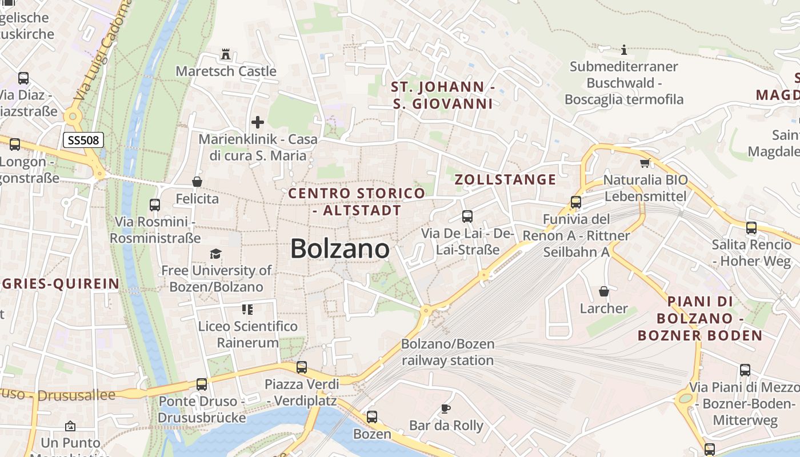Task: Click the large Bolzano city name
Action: (x=340, y=249)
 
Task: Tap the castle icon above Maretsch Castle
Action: (x=226, y=55)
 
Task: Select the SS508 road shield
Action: (x=83, y=140)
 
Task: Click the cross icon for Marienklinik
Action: (x=258, y=122)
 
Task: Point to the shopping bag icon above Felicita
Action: (x=197, y=182)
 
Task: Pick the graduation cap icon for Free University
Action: (x=215, y=254)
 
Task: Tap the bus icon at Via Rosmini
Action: (x=154, y=205)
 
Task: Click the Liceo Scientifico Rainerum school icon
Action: (x=247, y=310)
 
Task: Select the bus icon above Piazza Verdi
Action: (x=301, y=367)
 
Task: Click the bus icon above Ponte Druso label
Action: (x=201, y=384)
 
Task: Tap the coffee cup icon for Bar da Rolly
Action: (x=446, y=408)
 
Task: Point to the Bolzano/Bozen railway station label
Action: (x=447, y=352)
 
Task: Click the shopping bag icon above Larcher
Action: (x=604, y=291)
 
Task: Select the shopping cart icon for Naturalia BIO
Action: (x=645, y=163)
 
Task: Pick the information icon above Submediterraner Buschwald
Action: (x=624, y=50)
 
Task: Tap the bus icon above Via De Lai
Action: (x=467, y=217)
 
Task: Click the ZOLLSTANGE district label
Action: (x=505, y=179)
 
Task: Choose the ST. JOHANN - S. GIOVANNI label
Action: (x=443, y=95)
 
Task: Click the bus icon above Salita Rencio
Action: (x=751, y=228)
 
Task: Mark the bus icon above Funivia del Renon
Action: (x=575, y=202)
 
